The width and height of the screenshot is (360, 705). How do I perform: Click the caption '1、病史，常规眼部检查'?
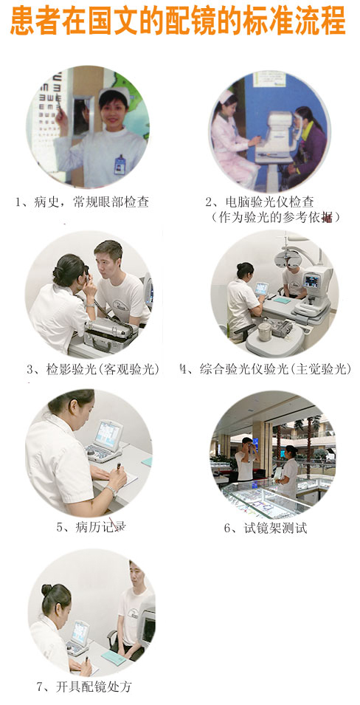click(82, 202)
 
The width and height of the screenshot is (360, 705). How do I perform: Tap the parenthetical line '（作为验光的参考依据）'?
click(275, 217)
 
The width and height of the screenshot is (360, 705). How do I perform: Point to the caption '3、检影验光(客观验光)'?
click(93, 370)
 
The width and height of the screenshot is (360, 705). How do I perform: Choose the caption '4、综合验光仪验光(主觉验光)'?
click(265, 369)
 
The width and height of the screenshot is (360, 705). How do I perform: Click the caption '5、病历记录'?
click(90, 526)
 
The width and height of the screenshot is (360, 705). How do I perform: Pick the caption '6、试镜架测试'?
click(266, 528)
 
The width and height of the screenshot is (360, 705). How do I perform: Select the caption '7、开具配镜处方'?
click(84, 687)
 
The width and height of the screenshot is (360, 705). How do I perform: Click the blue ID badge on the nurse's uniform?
click(120, 165)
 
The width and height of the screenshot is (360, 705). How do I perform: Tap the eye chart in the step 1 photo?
click(46, 117)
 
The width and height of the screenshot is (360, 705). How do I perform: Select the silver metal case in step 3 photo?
click(111, 331)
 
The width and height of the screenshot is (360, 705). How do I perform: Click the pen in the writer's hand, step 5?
click(118, 467)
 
